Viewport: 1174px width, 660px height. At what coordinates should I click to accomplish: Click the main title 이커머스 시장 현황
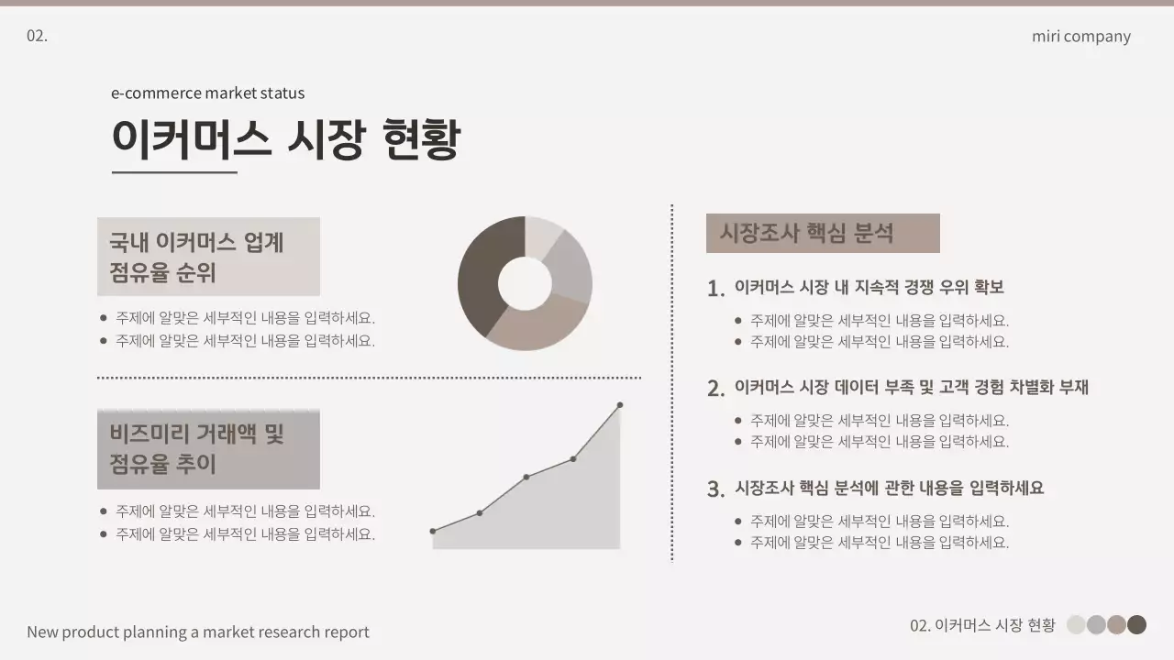point(285,140)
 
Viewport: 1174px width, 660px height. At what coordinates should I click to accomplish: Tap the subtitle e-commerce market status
point(207,93)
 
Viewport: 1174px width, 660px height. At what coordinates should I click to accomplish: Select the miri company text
point(1080,37)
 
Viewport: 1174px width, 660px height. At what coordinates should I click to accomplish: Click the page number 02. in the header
point(37,36)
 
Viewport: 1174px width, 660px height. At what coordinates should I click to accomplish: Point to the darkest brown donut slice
point(481,270)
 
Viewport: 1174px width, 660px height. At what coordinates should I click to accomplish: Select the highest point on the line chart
point(620,405)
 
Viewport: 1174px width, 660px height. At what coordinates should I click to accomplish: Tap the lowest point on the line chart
point(433,531)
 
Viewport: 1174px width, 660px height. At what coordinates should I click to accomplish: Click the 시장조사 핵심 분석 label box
point(822,233)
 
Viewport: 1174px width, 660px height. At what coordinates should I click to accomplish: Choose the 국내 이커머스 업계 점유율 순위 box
point(208,257)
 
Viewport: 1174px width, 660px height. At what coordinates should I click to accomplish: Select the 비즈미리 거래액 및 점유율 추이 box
point(208,449)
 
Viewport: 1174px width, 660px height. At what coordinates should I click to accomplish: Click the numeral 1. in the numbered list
point(716,289)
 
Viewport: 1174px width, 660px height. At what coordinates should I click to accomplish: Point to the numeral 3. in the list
point(716,489)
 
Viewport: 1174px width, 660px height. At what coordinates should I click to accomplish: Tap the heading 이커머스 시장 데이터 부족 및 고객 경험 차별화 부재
point(911,387)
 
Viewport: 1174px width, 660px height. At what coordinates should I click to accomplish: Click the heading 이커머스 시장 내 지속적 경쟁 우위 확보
point(869,287)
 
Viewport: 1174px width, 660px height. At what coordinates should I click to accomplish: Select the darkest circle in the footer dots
point(1136,625)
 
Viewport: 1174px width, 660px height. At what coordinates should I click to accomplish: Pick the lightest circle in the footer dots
point(1076,625)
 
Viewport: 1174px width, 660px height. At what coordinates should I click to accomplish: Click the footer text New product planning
point(198,632)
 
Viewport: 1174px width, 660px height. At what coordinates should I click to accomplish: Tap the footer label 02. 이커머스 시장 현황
point(982,625)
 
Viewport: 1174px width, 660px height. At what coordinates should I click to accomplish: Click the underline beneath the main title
point(174,171)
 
